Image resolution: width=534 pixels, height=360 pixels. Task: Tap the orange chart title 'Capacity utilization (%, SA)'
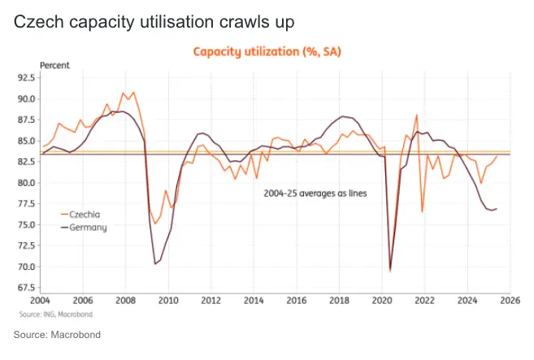267,52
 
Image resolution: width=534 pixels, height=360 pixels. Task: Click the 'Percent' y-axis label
56,65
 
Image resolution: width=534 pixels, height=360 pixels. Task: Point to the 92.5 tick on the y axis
27,77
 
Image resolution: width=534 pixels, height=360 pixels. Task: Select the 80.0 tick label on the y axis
27,183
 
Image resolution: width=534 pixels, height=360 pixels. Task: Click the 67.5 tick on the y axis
27,288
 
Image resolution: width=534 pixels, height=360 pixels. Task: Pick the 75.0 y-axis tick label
27,224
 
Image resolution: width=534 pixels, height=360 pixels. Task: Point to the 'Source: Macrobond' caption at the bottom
57,334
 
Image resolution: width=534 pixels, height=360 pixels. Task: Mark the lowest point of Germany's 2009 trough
154,264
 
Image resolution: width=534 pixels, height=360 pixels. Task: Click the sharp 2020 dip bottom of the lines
391,271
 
